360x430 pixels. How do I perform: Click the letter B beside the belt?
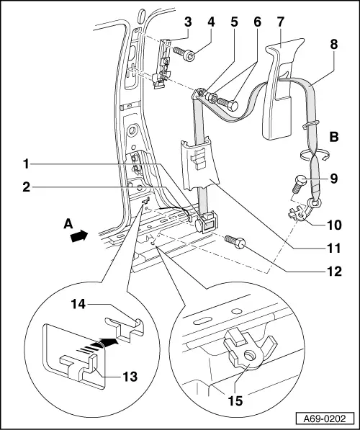(334, 135)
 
